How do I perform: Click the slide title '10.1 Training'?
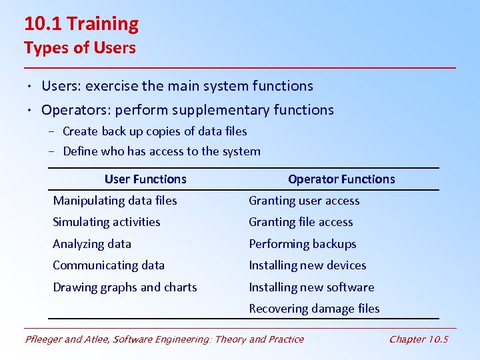[x=81, y=24]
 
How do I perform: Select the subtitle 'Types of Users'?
[x=79, y=48]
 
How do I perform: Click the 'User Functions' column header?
[x=145, y=179]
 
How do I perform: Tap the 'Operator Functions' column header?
[x=341, y=179]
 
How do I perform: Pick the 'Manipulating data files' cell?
[x=115, y=201]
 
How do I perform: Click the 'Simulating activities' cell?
[x=107, y=222]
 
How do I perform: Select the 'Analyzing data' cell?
[x=92, y=244]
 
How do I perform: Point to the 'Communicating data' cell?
[x=109, y=265]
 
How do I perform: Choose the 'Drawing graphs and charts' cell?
[x=125, y=287]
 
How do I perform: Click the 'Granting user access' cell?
[x=304, y=201]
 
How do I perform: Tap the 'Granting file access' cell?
[x=301, y=222]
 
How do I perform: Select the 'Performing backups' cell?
[x=303, y=244]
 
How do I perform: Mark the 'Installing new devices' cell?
[x=307, y=265]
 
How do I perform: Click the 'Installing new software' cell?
[x=311, y=287]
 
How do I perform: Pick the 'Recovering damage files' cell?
[x=314, y=309]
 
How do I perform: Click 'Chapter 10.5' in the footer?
[x=419, y=339]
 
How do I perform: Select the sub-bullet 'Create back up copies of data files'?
[x=155, y=131]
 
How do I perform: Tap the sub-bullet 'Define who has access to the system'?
[x=161, y=151]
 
